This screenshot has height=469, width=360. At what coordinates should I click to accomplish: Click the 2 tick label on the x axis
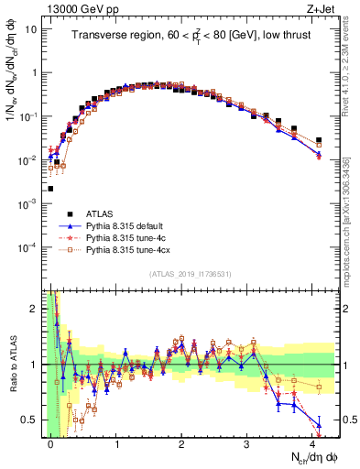(x=182, y=442)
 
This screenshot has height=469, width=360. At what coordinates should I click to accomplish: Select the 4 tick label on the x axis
(x=312, y=442)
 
